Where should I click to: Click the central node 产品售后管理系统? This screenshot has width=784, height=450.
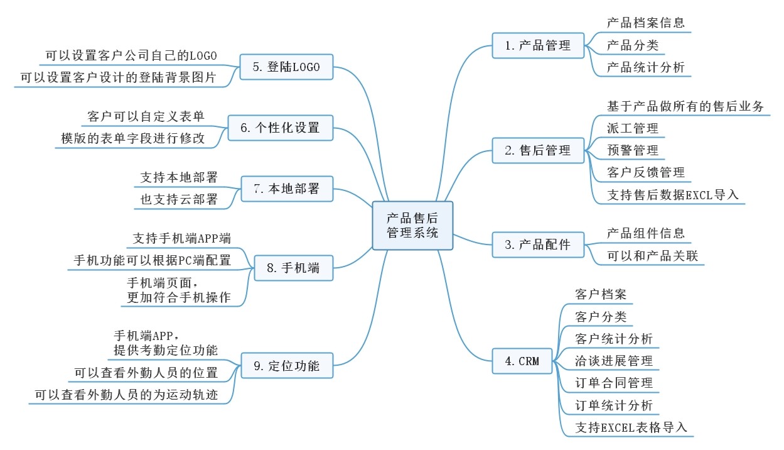click(x=412, y=226)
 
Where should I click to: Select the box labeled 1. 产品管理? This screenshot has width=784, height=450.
click(x=538, y=45)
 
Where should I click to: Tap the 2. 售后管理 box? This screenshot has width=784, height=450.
click(x=538, y=150)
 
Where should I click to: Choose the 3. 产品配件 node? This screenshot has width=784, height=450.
click(x=538, y=244)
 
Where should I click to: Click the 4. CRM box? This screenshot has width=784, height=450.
click(x=522, y=361)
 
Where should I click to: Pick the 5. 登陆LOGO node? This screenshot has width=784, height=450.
click(x=286, y=67)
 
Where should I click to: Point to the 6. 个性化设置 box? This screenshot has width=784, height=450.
click(x=281, y=128)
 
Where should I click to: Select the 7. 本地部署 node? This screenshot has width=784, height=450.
click(x=287, y=189)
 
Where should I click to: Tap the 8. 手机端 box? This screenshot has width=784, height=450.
click(x=294, y=268)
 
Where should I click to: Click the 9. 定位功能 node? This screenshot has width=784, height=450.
click(x=287, y=366)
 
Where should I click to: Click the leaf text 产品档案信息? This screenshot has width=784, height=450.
click(x=646, y=23)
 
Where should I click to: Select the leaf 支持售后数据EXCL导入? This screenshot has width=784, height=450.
click(x=673, y=195)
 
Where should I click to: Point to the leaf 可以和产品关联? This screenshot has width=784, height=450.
click(x=652, y=256)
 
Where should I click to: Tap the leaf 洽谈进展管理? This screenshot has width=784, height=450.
click(x=614, y=361)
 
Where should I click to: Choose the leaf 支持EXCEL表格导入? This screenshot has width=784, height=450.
click(x=631, y=427)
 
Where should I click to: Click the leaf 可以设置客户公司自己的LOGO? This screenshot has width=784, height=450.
click(x=131, y=56)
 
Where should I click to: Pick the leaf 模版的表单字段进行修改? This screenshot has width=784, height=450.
click(x=132, y=138)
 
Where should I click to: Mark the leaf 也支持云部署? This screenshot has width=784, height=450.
click(x=179, y=199)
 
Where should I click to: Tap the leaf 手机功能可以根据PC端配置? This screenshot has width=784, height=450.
click(x=153, y=260)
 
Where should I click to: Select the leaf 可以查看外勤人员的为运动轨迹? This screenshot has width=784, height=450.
click(x=126, y=395)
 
